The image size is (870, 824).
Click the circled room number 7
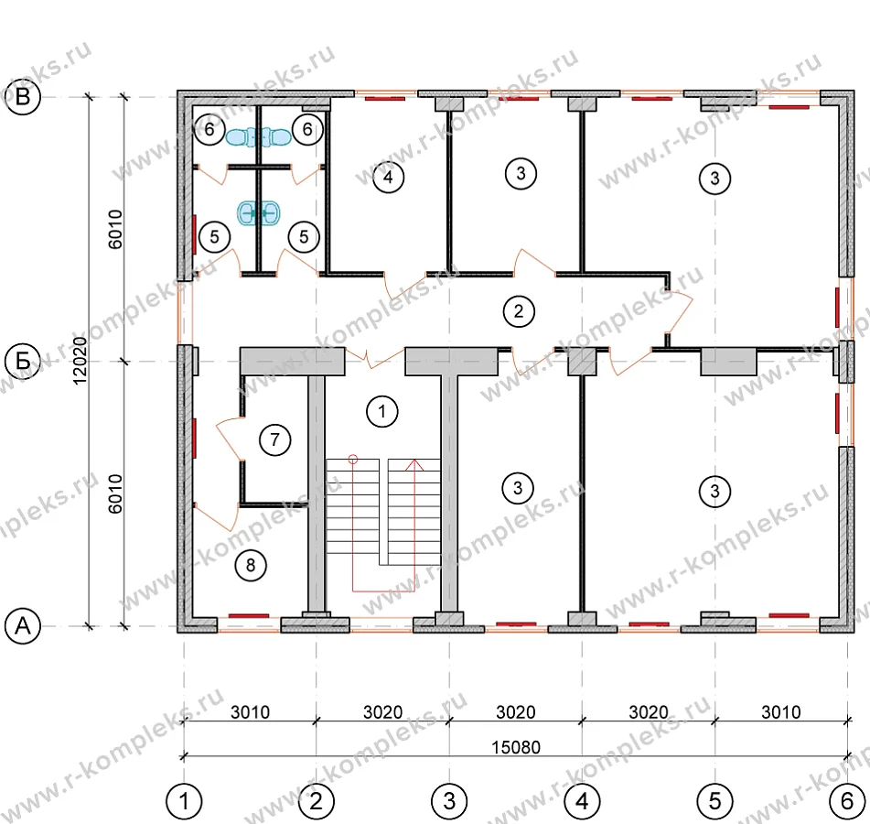coord(274,439)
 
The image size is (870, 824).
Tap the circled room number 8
coord(251,565)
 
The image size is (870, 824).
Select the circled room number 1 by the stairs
coord(381,411)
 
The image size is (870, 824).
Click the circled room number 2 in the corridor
coord(519,311)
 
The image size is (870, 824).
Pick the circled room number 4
coord(388,177)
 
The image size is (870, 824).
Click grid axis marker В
coord(23,97)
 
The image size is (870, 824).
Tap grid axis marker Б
coord(23,362)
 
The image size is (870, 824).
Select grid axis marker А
coord(23,625)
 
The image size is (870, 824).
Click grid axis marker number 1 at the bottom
coord(184,801)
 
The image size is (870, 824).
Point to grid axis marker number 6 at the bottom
coord(847,801)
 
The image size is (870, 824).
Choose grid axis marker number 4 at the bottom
coord(582,801)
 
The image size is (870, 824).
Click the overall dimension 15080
coord(515,747)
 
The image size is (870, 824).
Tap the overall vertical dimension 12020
coord(81,361)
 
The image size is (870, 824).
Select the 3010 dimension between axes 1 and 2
coord(251,711)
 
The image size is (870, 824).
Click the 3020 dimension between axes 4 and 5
coord(648,711)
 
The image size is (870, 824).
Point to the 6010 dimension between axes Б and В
coord(115,229)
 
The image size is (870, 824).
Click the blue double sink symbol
coord(259,212)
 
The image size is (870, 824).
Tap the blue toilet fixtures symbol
coord(259,137)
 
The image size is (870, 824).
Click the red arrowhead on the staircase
coord(414,465)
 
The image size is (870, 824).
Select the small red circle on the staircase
coord(353,460)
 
